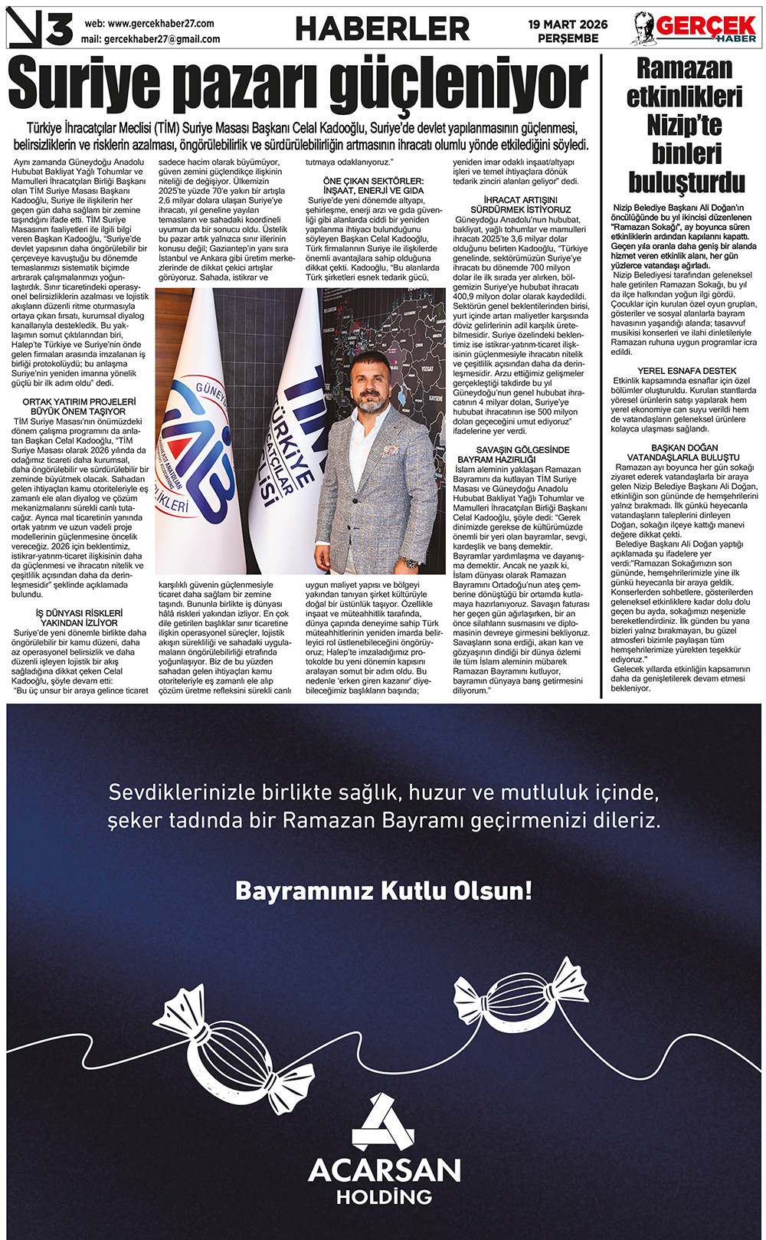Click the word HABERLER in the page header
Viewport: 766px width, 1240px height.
pos(382,29)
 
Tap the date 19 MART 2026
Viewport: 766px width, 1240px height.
pos(568,25)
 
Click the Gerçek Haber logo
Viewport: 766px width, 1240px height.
pos(695,29)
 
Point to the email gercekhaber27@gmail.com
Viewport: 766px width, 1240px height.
pos(162,39)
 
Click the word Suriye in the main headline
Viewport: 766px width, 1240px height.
pos(85,87)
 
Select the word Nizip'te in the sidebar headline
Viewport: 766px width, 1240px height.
pos(684,125)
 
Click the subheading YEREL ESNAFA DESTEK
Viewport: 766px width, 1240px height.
pos(686,371)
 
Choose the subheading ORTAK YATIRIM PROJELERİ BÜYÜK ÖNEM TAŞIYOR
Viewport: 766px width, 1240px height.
pos(79,406)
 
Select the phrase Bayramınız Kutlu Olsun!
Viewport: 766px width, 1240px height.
pos(383,891)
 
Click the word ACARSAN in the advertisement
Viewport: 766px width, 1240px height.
pos(384,1170)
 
